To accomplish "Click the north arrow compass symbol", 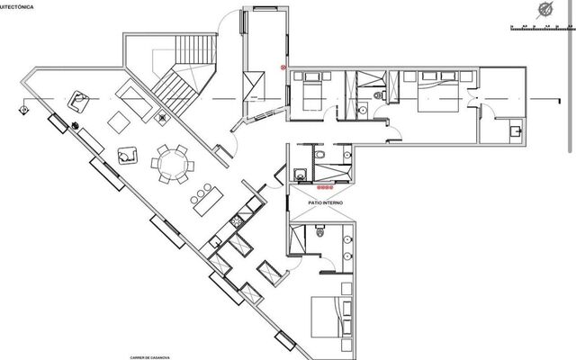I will tap(545, 11).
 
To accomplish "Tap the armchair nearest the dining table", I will tap(129, 155).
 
